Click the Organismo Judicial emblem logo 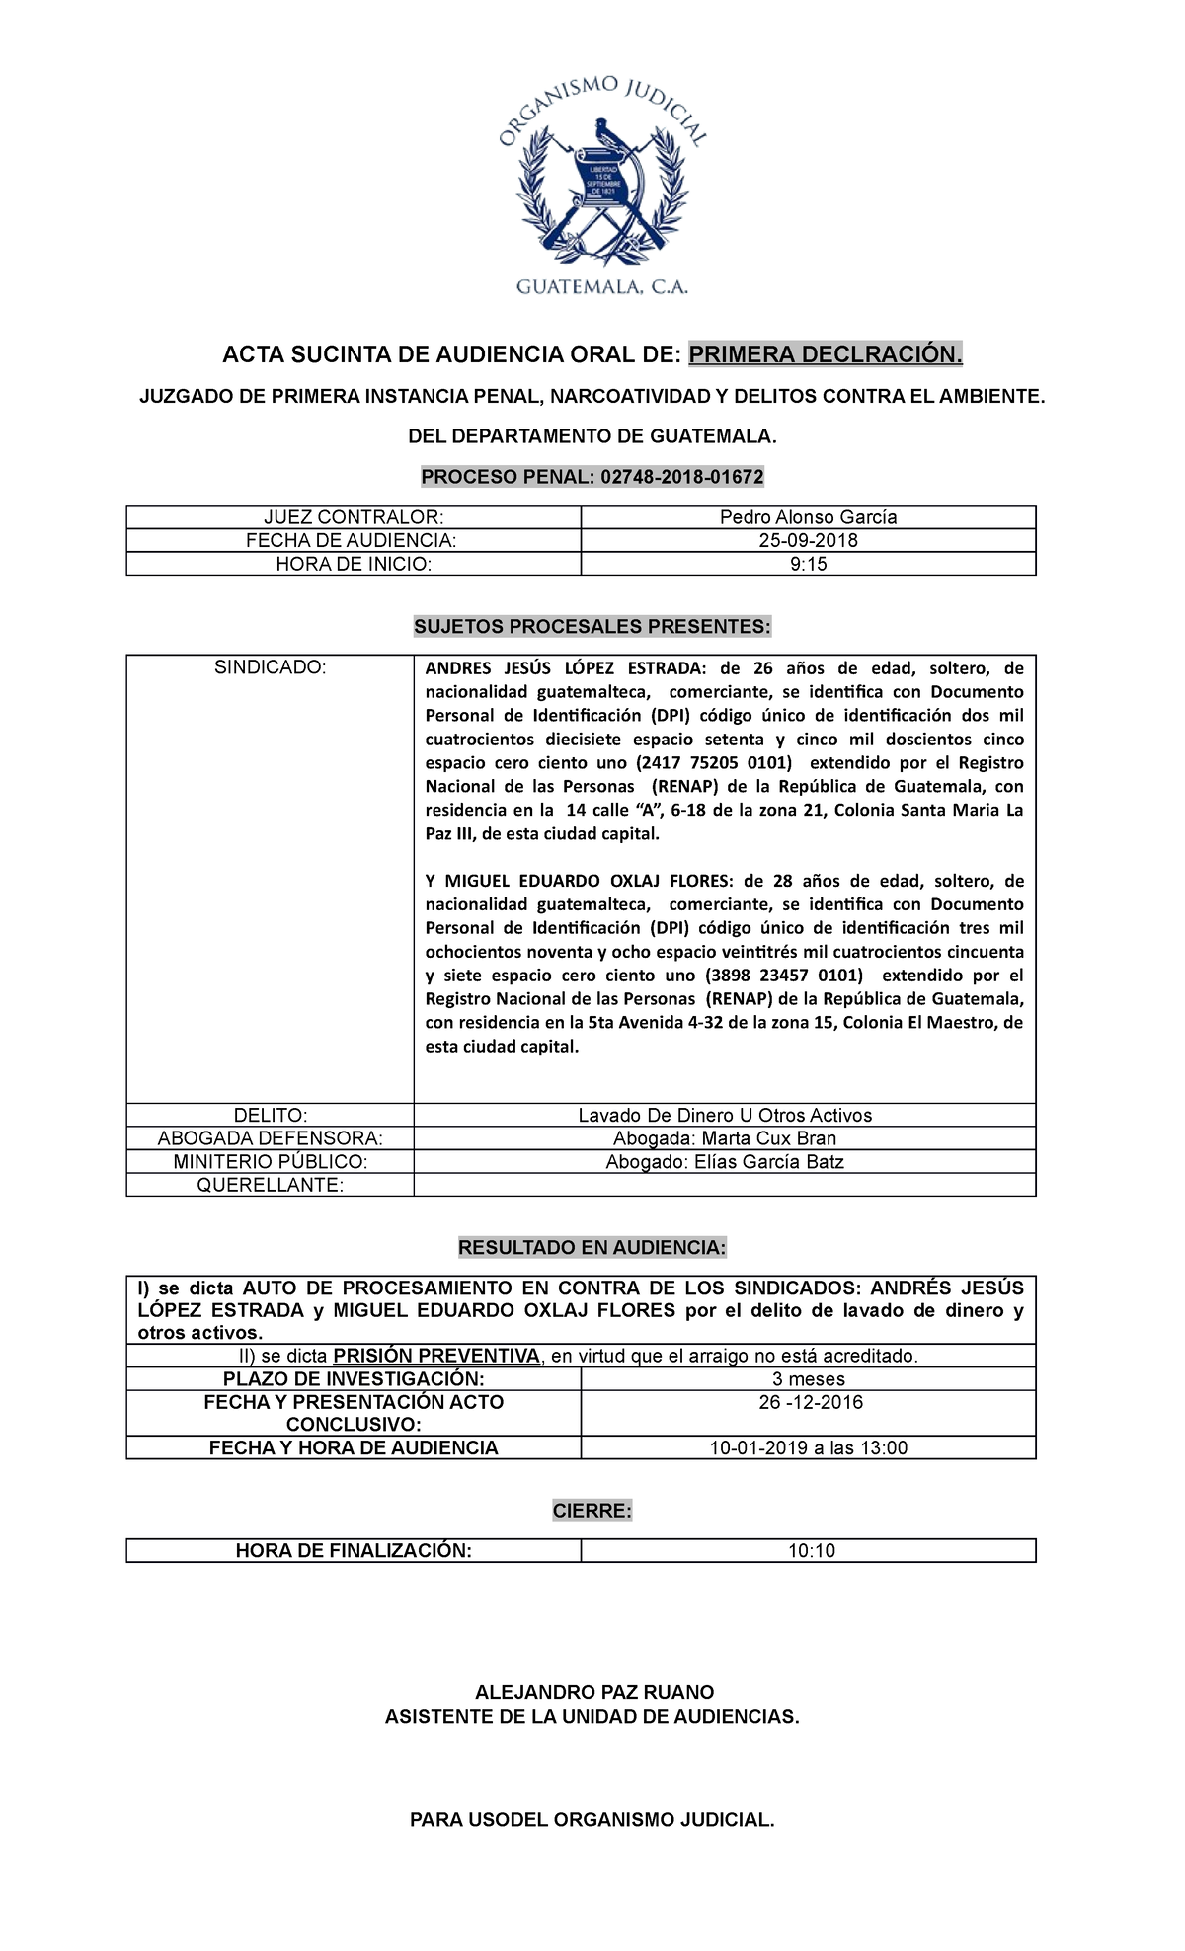click(601, 188)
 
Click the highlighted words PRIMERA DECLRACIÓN click(825, 354)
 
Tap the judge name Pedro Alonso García click(808, 517)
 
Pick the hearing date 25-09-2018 click(808, 541)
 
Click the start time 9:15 click(808, 565)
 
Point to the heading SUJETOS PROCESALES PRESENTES click(592, 627)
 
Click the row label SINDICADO click(270, 667)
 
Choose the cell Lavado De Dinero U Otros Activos click(725, 1115)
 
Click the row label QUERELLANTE click(270, 1185)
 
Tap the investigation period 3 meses click(808, 1379)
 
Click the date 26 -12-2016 click(808, 1403)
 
